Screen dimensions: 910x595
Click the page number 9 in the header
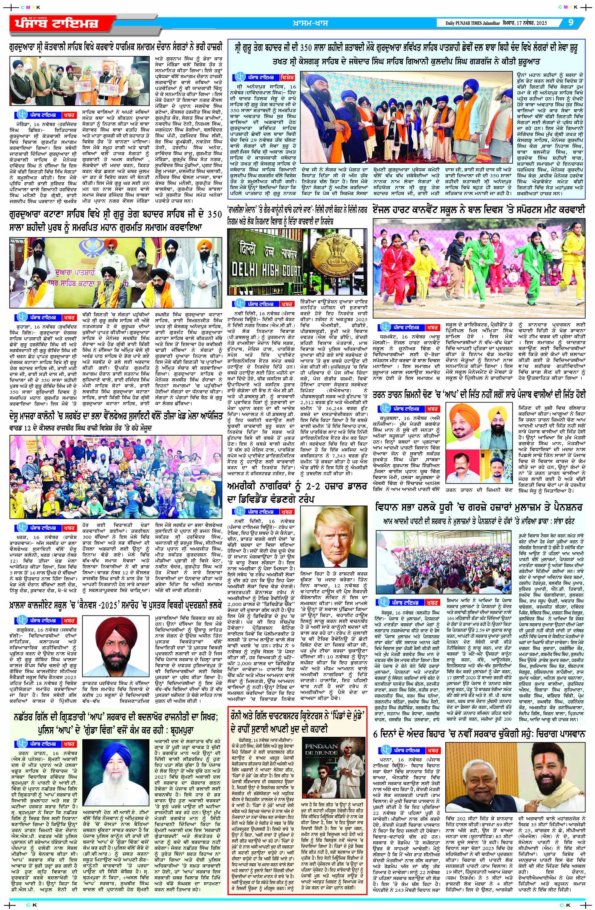pyautogui.click(x=571, y=22)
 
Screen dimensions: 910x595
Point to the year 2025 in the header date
pyautogui.click(x=540, y=23)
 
